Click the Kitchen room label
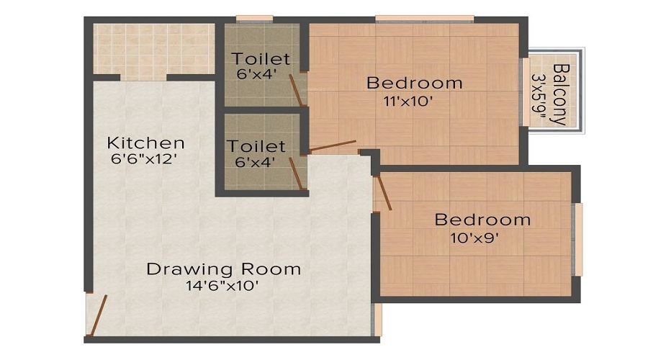[x=145, y=143]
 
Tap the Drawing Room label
[x=223, y=269]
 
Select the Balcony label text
[x=559, y=94]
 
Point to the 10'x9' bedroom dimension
[x=482, y=237]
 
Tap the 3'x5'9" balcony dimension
[x=539, y=94]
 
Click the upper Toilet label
[x=261, y=59]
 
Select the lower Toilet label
[x=256, y=146]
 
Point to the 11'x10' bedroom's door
[x=333, y=146]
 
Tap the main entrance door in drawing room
[x=97, y=315]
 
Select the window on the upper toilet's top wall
[x=249, y=19]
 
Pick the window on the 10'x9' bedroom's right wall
[x=577, y=238]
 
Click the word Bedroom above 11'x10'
[x=414, y=83]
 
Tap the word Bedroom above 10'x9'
[x=482, y=220]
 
